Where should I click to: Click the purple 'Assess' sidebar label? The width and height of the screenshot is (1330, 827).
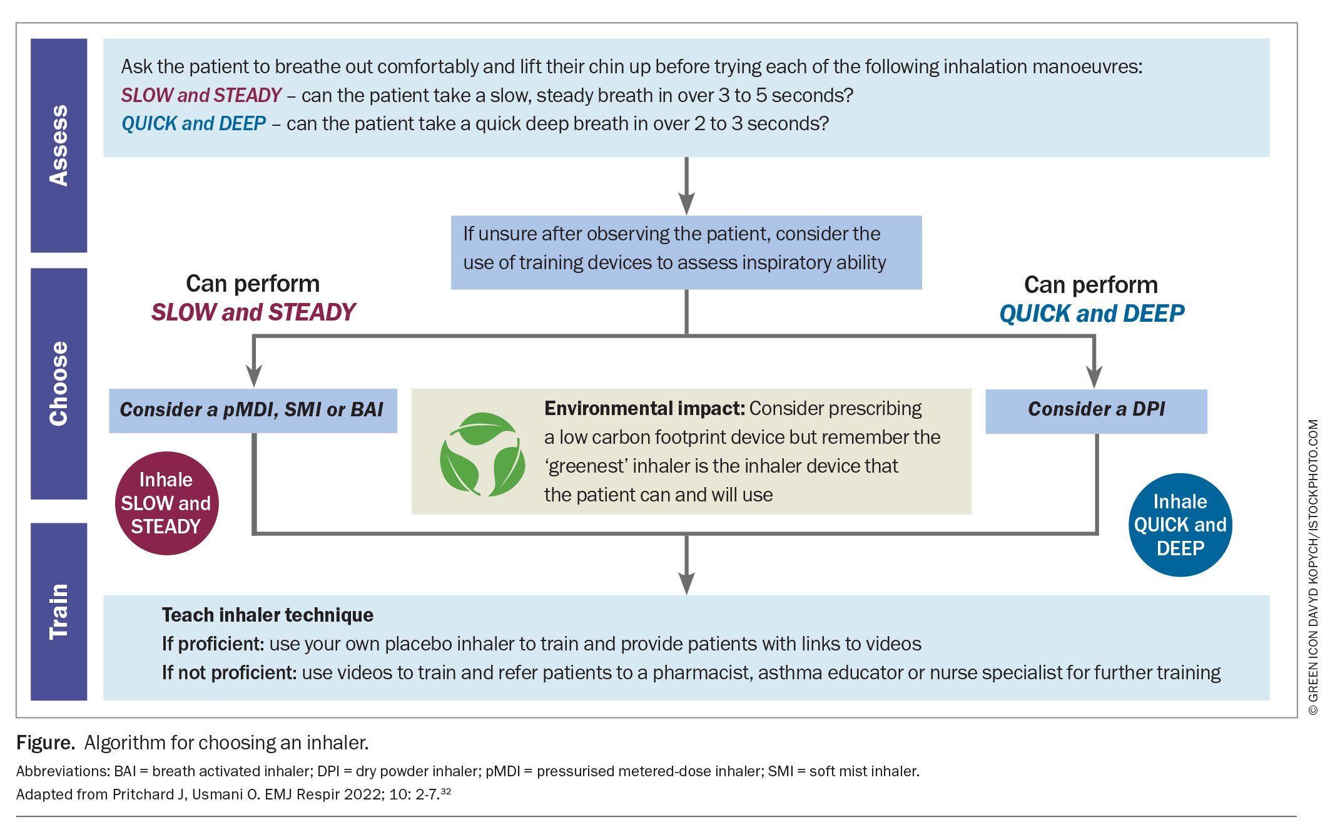pyautogui.click(x=59, y=145)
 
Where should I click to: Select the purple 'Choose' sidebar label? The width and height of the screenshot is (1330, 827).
pyautogui.click(x=59, y=383)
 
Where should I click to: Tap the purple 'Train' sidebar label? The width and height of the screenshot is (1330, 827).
pyautogui.click(x=59, y=611)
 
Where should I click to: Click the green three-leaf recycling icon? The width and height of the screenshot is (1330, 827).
pyautogui.click(x=482, y=454)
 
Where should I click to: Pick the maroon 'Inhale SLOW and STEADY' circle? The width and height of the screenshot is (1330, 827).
pyautogui.click(x=166, y=503)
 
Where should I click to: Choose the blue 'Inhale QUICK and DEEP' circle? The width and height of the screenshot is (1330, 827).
pyautogui.click(x=1180, y=525)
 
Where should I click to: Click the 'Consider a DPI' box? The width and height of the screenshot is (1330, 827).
pyautogui.click(x=1096, y=411)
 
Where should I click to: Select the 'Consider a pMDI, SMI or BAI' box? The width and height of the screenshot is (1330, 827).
pyautogui.click(x=253, y=411)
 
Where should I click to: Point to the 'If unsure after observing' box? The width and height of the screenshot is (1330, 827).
pyautogui.click(x=686, y=252)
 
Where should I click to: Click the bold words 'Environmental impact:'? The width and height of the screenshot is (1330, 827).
pyautogui.click(x=644, y=408)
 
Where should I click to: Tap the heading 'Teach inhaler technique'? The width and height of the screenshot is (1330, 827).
pyautogui.click(x=268, y=615)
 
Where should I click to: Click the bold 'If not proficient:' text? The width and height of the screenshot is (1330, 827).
pyautogui.click(x=229, y=672)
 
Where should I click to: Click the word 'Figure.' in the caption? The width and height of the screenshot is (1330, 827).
pyautogui.click(x=46, y=742)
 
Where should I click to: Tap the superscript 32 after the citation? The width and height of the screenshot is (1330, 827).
pyautogui.click(x=445, y=791)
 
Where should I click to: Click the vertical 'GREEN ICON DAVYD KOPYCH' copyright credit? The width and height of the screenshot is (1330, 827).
pyautogui.click(x=1313, y=567)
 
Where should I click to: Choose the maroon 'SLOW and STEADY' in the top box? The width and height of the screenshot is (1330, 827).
pyautogui.click(x=201, y=95)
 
